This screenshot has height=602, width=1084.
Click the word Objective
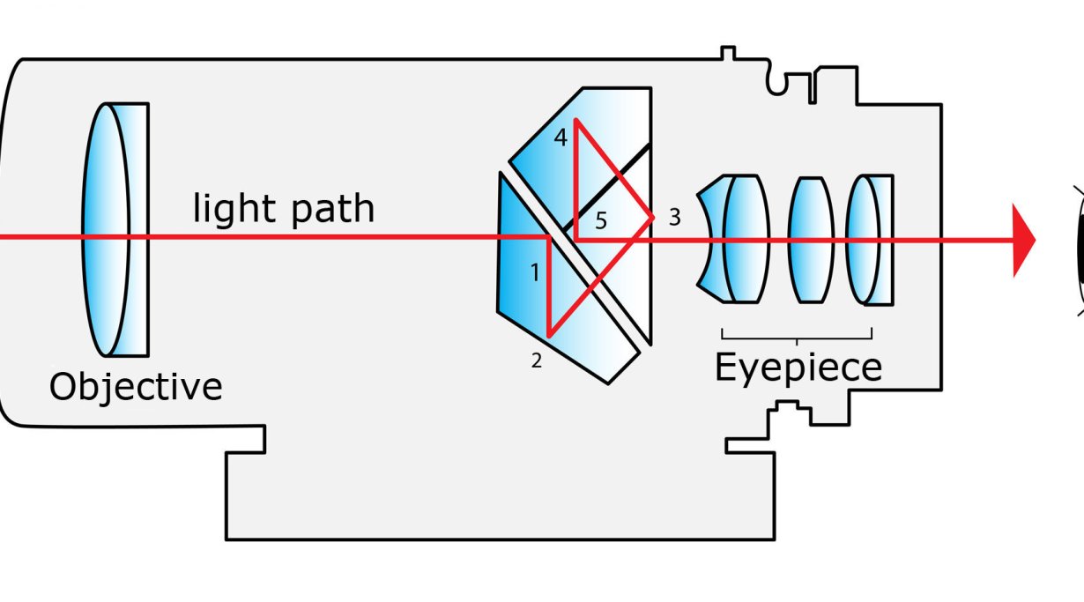(x=136, y=387)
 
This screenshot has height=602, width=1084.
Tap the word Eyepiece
(x=798, y=368)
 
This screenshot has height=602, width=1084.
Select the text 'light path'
(x=284, y=210)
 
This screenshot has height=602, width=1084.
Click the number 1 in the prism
(x=534, y=273)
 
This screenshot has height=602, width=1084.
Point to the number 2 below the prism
(x=536, y=360)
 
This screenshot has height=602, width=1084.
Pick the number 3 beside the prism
(x=674, y=217)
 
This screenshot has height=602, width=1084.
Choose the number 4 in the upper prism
(x=561, y=138)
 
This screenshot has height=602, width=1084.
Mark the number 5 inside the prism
(x=600, y=220)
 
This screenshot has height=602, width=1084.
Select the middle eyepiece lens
(x=810, y=240)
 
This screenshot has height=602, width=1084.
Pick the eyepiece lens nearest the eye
(x=868, y=240)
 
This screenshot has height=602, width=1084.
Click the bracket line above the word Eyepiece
(x=797, y=337)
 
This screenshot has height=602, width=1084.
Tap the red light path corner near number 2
(x=549, y=335)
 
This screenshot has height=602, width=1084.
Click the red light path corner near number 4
(x=575, y=121)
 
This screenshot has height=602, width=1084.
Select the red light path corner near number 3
(x=652, y=217)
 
